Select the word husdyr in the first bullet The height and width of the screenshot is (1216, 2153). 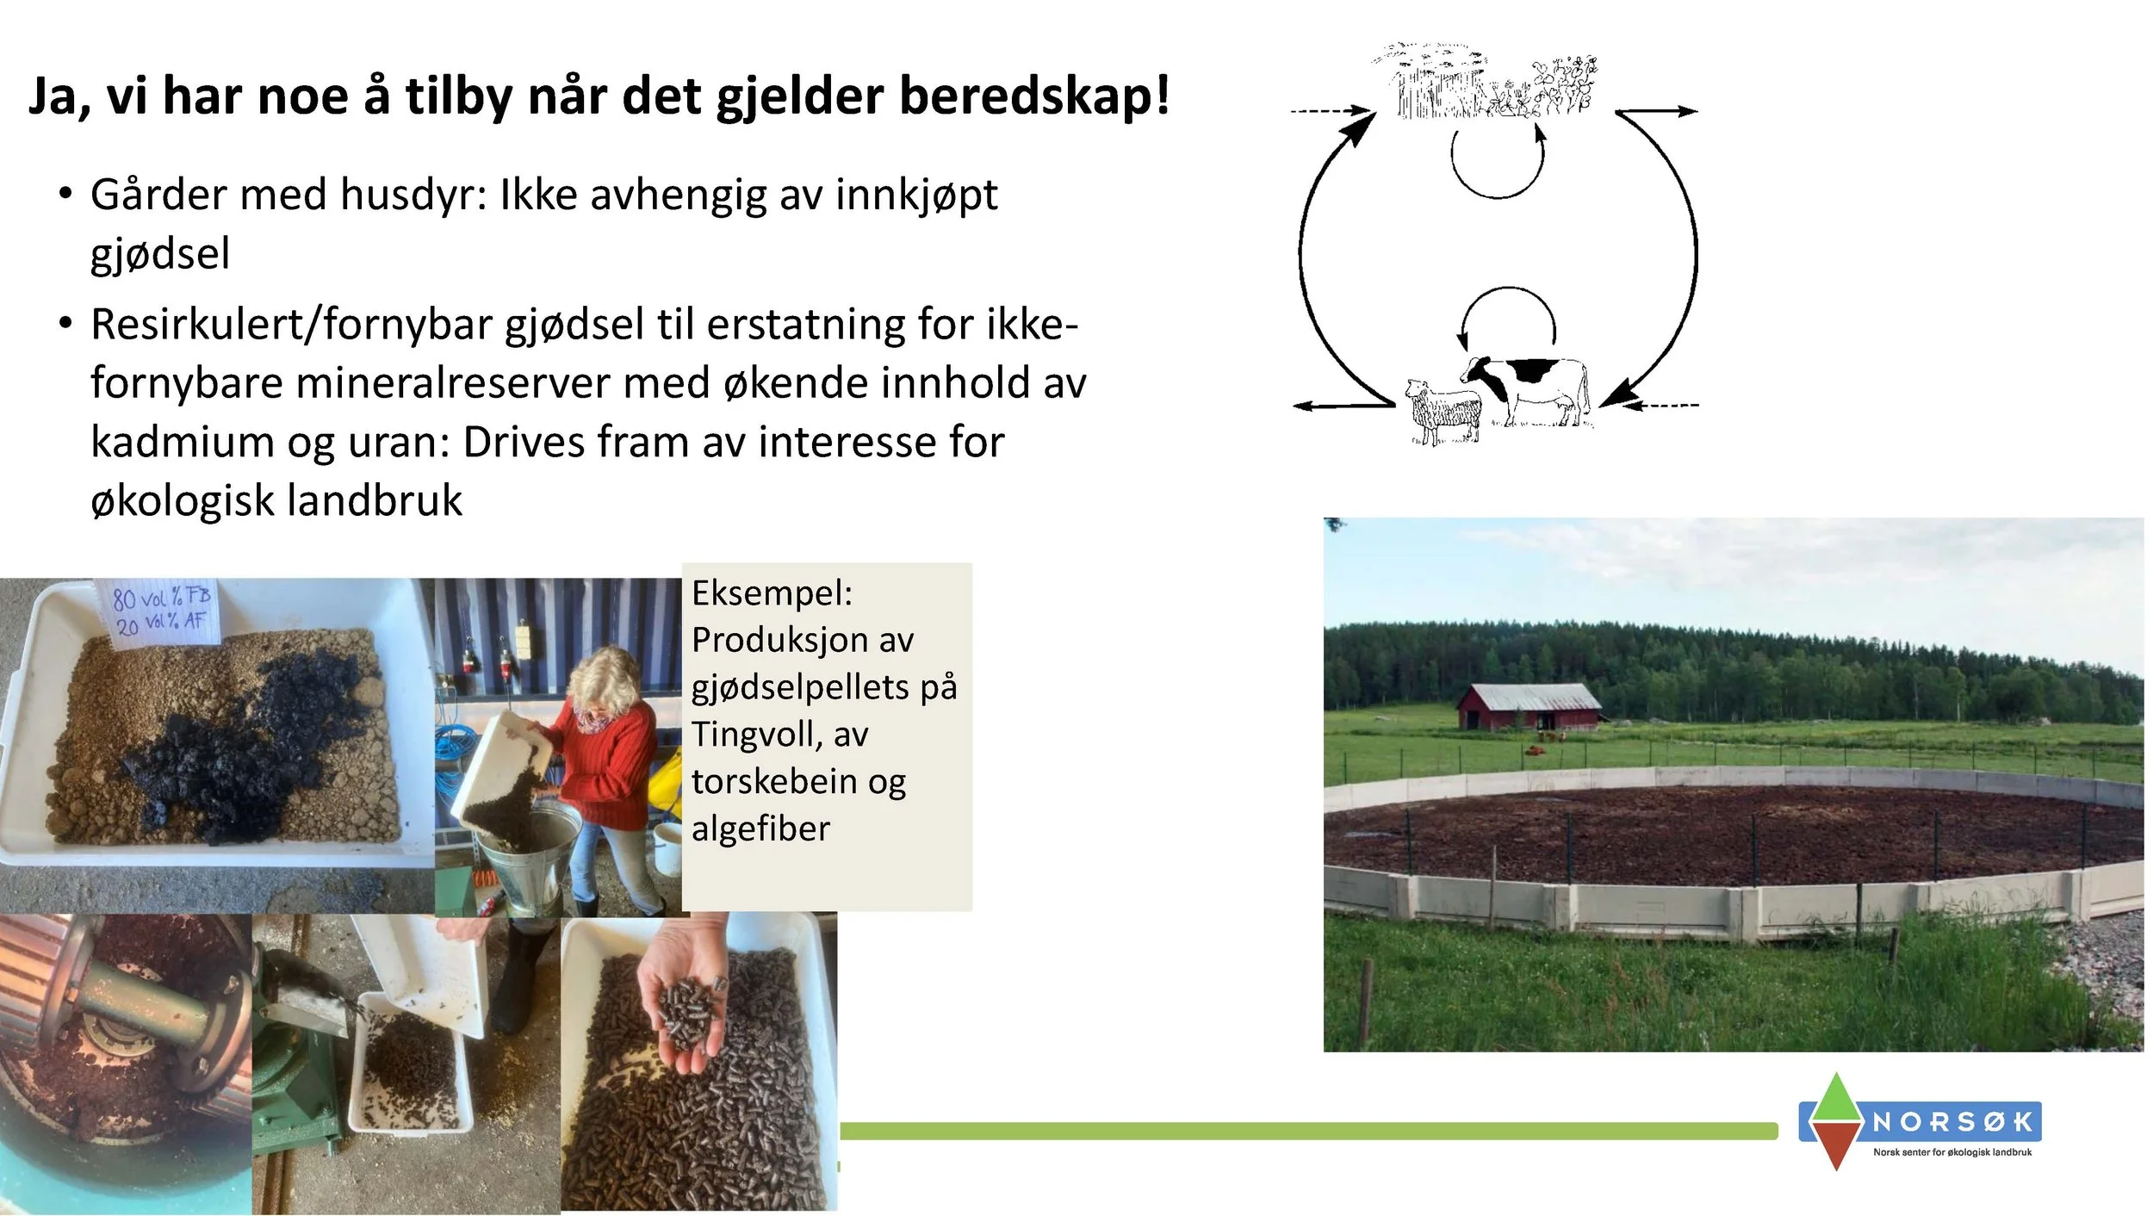point(413,195)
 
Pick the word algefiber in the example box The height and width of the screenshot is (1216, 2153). point(760,828)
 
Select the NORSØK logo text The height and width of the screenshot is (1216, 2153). point(1951,1121)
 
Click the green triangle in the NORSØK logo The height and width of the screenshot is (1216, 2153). point(1836,1097)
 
